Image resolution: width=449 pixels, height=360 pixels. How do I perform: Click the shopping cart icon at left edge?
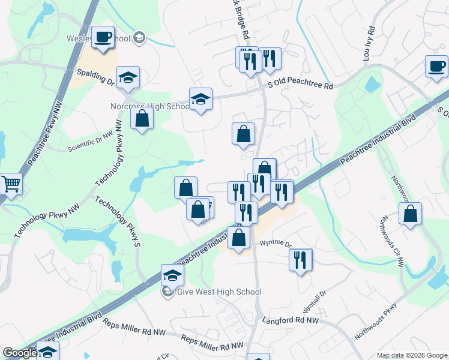(x=11, y=184)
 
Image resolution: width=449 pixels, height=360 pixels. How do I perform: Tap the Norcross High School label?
(x=150, y=107)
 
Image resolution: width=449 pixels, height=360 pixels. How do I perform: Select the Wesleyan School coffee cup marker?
(x=103, y=37)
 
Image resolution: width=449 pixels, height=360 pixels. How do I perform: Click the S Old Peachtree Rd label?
(x=300, y=86)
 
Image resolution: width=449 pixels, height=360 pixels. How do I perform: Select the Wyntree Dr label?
(x=275, y=244)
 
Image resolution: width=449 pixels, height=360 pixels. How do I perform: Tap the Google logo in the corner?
(x=20, y=353)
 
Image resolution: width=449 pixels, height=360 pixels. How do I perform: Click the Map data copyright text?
(x=412, y=355)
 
